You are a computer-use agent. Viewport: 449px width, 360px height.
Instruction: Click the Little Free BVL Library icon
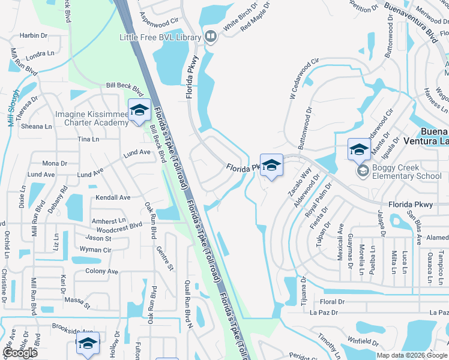[x=210, y=37]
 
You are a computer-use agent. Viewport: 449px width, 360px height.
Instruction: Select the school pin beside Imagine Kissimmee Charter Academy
[x=139, y=111]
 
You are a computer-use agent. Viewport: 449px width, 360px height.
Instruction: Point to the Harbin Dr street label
[x=33, y=36]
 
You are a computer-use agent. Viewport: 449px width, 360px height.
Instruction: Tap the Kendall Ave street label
[x=113, y=197]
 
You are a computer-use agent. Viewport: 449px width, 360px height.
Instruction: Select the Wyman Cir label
[x=95, y=249]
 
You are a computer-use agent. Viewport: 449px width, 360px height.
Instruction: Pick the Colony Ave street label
[x=101, y=271]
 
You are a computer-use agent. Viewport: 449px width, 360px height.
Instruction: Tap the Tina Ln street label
[x=88, y=139]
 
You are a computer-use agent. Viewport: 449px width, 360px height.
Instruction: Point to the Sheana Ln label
[x=37, y=127]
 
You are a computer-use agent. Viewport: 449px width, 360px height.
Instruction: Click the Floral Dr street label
[x=333, y=302]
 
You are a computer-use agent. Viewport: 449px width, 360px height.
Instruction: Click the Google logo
[x=20, y=353]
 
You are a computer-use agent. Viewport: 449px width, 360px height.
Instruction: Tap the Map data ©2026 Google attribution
[x=411, y=355]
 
